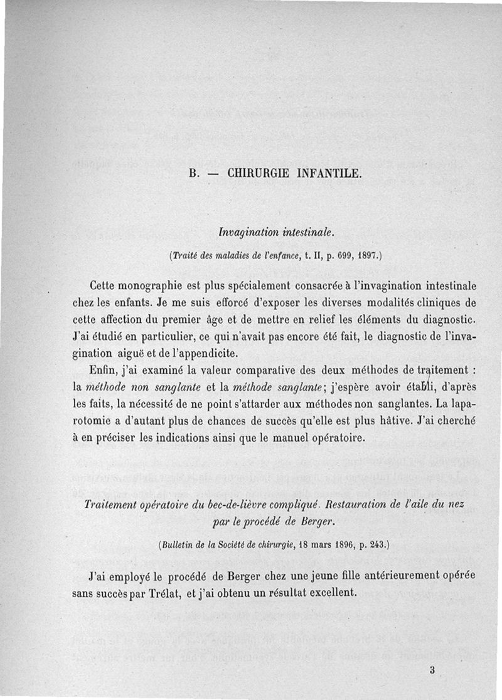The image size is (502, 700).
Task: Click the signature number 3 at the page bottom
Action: coord(432,669)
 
